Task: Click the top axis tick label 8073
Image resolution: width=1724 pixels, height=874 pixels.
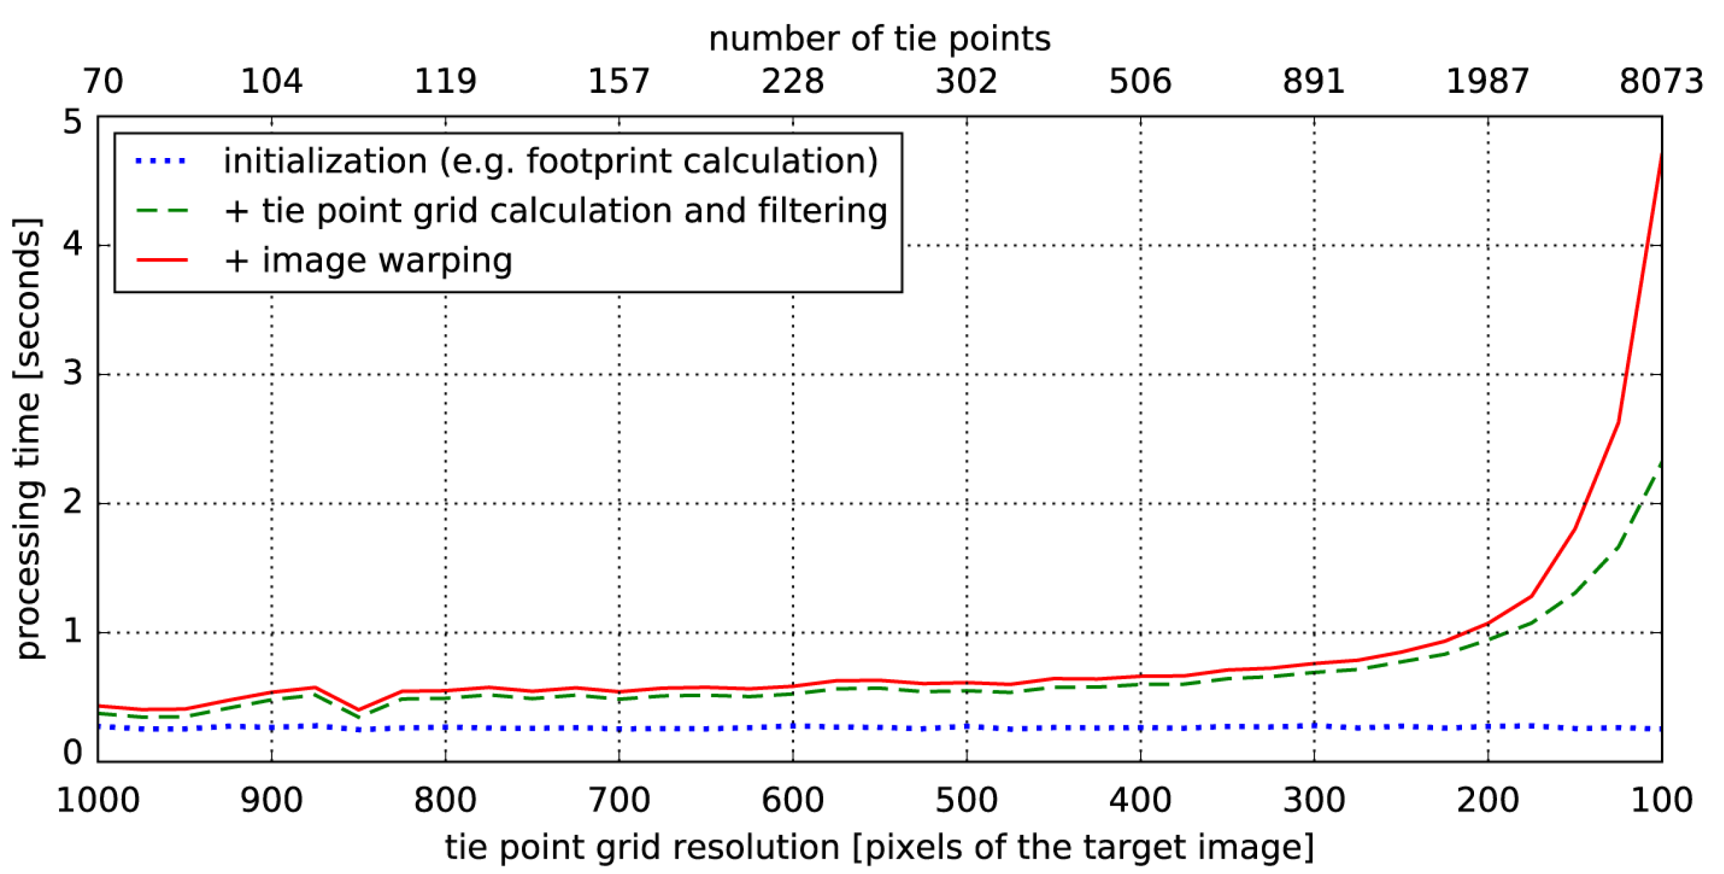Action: pyautogui.click(x=1660, y=81)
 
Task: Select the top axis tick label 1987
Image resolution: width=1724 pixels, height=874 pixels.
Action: pyautogui.click(x=1487, y=81)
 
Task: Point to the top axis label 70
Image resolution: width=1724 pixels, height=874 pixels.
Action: pyautogui.click(x=103, y=81)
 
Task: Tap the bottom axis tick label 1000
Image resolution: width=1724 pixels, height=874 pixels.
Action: pyautogui.click(x=98, y=800)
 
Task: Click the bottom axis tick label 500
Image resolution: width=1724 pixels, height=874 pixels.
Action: pyautogui.click(x=966, y=800)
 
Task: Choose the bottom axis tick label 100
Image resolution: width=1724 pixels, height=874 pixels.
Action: pyautogui.click(x=1661, y=800)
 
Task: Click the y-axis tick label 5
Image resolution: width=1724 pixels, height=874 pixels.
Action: pyautogui.click(x=72, y=122)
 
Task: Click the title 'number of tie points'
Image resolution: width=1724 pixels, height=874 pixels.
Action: pyautogui.click(x=879, y=39)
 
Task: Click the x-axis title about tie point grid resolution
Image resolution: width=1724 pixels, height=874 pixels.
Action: pyautogui.click(x=879, y=847)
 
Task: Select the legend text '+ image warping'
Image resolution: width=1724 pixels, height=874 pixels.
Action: pyautogui.click(x=368, y=260)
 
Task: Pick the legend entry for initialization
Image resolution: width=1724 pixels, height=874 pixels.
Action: pyautogui.click(x=550, y=161)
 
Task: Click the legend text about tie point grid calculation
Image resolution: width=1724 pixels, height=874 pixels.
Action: pyautogui.click(x=555, y=210)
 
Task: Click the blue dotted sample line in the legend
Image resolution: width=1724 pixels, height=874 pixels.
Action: pyautogui.click(x=161, y=161)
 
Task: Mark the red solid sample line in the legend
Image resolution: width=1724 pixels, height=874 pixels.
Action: pyautogui.click(x=161, y=260)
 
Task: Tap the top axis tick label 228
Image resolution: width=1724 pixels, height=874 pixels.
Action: pyautogui.click(x=792, y=81)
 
